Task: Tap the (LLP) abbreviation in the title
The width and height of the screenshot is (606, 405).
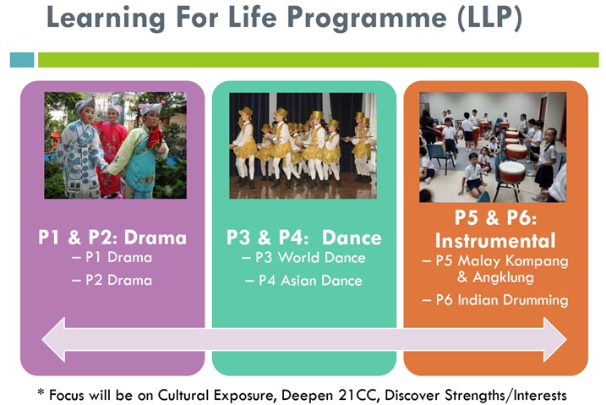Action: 489,18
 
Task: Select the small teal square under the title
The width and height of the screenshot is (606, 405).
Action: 22,60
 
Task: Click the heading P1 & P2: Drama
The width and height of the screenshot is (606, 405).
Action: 112,238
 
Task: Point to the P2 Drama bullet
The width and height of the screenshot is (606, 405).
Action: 112,280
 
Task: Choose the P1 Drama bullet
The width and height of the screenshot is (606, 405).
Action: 112,257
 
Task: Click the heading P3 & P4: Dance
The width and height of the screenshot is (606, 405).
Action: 304,238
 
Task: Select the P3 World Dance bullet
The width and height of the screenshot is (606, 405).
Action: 303,258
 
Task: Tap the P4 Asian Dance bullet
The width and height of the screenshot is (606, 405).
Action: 303,281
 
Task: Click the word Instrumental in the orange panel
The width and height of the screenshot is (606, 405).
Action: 495,241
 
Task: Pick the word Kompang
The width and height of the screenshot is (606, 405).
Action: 537,261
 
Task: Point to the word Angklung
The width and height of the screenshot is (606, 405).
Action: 503,277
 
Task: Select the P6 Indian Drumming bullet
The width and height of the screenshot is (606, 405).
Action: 495,300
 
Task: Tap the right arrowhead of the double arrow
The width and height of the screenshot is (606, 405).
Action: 555,340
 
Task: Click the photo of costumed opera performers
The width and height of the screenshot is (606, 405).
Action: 116,145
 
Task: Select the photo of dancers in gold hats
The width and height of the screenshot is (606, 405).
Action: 303,145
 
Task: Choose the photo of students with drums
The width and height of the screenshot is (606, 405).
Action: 493,147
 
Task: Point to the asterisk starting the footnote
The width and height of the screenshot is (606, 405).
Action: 41,392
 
